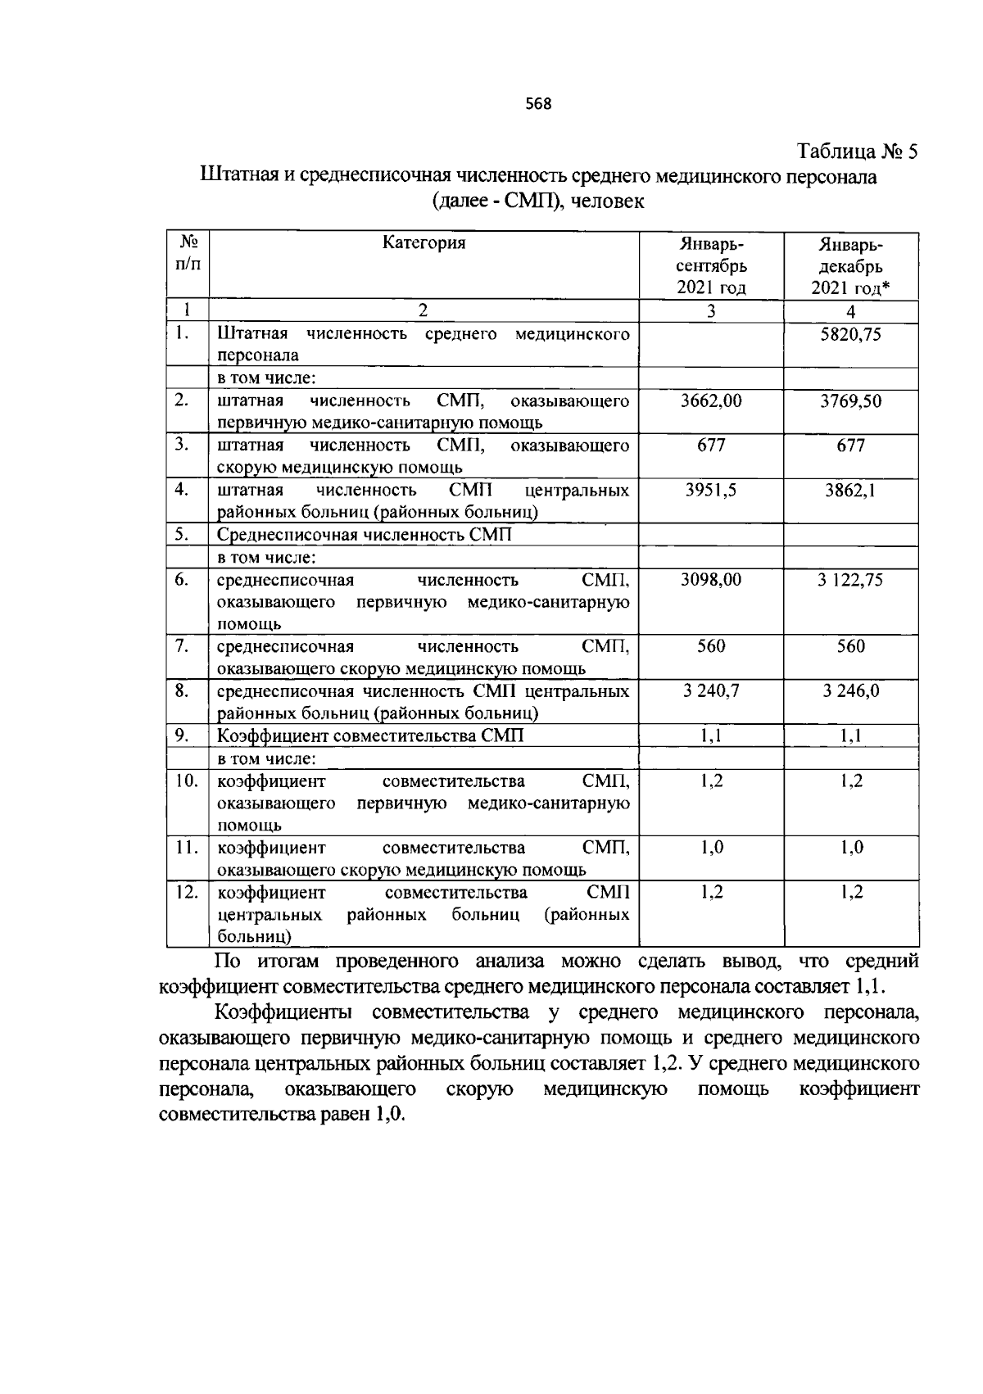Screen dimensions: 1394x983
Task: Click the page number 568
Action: click(538, 104)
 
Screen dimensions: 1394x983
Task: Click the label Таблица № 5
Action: click(858, 152)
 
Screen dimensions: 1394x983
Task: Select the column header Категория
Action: click(424, 242)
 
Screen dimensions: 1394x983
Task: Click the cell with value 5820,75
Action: click(851, 334)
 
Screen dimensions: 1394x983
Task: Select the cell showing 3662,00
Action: click(711, 401)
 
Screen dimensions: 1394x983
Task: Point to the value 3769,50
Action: click(851, 401)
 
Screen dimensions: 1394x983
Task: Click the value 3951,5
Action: click(711, 490)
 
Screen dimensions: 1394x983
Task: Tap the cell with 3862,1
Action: click(851, 490)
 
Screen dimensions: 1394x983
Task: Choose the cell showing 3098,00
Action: click(711, 579)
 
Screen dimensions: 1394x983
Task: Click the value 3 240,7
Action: click(711, 690)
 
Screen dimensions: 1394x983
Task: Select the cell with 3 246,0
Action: click(851, 690)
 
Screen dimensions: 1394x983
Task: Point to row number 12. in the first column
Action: click(188, 892)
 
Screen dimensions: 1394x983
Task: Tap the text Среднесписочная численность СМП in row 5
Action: click(364, 535)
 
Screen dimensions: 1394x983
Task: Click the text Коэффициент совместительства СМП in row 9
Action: click(370, 735)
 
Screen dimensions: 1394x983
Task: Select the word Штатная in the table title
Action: click(238, 176)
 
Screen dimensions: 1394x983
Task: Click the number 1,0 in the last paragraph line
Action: click(390, 1116)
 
